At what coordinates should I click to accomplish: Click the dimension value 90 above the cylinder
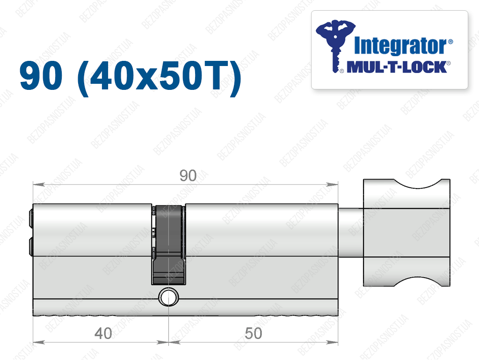[188, 176]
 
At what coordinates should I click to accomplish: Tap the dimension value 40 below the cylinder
[103, 333]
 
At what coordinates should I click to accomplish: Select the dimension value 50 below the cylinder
[253, 333]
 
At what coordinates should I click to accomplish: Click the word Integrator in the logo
[401, 46]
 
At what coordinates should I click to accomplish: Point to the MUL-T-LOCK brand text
[397, 67]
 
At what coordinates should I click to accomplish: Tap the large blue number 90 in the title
[41, 75]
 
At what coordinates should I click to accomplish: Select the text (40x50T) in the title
[160, 77]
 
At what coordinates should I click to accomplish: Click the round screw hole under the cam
[168, 297]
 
